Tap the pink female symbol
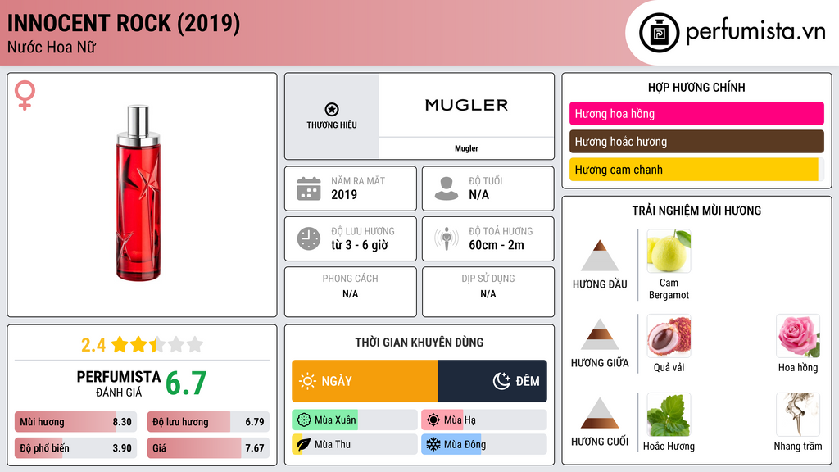(x=25, y=95)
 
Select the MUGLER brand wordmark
(x=466, y=105)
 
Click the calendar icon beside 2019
(x=309, y=188)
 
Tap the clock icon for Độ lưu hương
(x=309, y=238)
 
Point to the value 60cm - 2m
(x=496, y=245)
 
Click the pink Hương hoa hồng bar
(x=696, y=114)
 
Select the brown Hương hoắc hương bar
(x=696, y=142)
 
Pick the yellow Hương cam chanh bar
(x=693, y=170)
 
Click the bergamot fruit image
(x=669, y=251)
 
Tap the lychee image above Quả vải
(x=669, y=336)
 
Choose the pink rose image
(x=798, y=336)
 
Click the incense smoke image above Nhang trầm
(x=798, y=415)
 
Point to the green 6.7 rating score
(x=186, y=383)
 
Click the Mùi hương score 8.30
(x=122, y=422)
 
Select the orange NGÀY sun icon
(x=307, y=381)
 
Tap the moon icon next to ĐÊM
(x=501, y=381)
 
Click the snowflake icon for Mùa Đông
(x=432, y=444)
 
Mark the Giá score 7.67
(x=254, y=448)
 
